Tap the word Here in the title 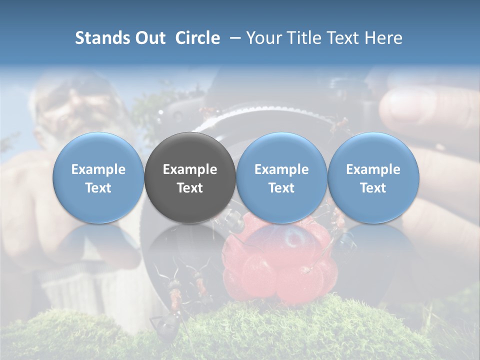point(383,38)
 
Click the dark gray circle point(190,150)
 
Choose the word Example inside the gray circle point(190,169)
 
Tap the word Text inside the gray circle point(190,188)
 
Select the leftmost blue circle point(98,150)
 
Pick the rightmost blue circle point(373,150)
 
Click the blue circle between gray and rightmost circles point(281,150)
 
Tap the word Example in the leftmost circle point(98,169)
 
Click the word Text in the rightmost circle point(373,188)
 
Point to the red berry point(280,265)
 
